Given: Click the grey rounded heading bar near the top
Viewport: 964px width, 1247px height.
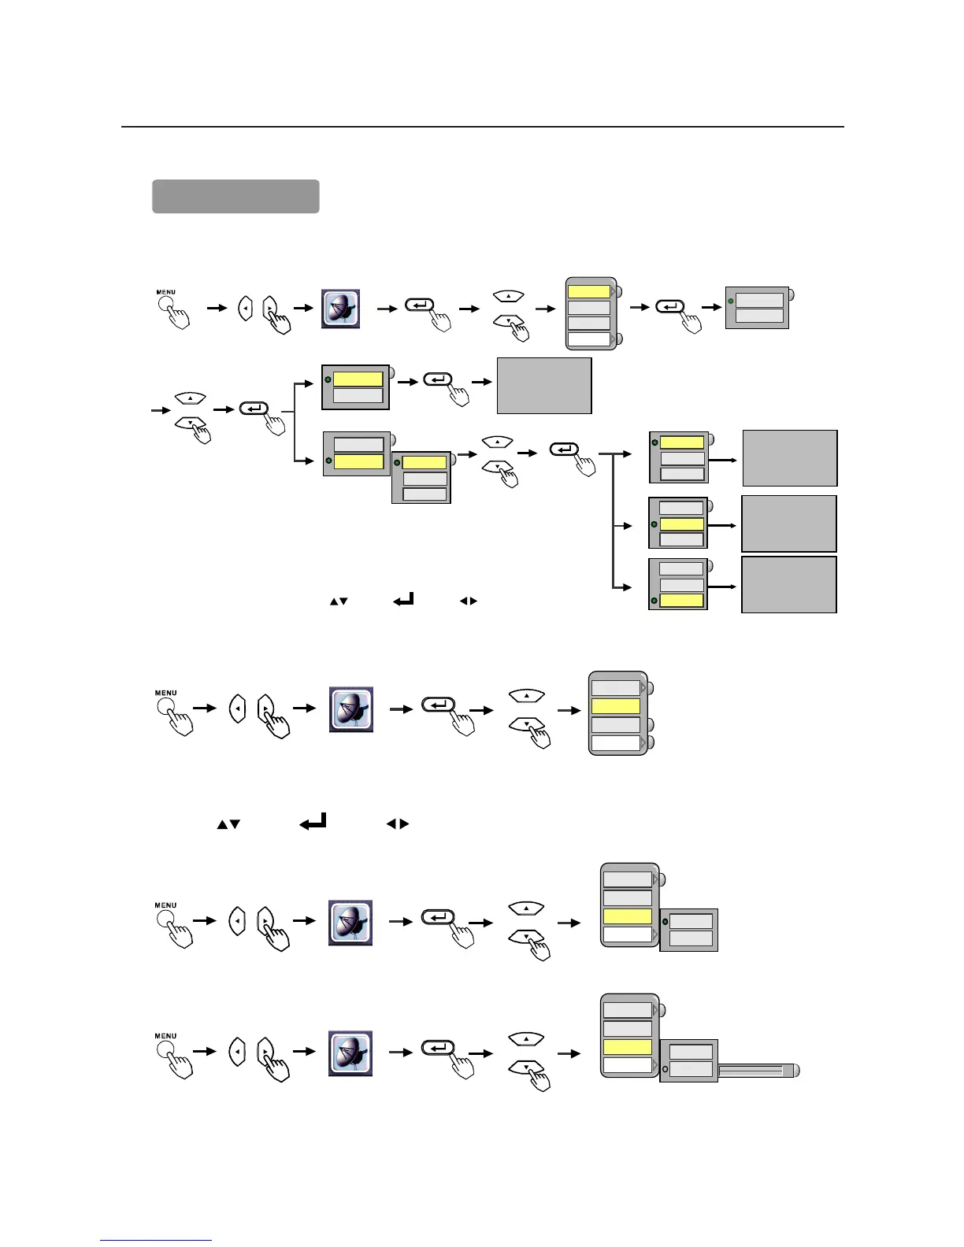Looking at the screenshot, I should [235, 196].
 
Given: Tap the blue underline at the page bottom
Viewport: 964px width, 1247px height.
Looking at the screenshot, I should [156, 1241].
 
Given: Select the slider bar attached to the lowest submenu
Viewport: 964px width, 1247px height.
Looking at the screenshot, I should [756, 1071].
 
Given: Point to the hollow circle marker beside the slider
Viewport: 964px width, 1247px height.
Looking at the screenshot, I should [666, 1069].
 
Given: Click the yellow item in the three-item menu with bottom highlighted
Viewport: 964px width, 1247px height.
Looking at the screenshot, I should [681, 601].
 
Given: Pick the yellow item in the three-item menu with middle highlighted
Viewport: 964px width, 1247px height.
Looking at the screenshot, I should [681, 524].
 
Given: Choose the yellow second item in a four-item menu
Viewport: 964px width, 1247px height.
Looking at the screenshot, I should [616, 706].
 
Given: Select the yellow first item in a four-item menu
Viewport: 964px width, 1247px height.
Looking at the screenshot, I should [589, 292].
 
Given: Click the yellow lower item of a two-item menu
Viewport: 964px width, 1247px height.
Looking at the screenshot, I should [358, 462].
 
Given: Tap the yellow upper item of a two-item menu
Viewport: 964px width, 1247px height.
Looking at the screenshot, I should [358, 379].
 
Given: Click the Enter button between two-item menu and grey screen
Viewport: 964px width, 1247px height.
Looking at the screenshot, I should [438, 379].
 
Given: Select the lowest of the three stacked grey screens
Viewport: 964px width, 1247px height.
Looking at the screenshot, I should [788, 584].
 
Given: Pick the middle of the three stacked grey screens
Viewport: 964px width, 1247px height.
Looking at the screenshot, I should [788, 524].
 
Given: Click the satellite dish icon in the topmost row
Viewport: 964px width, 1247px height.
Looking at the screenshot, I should [341, 308].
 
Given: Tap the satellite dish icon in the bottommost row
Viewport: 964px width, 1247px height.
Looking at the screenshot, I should [350, 1053].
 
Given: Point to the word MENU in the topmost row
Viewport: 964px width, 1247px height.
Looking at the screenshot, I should [165, 292].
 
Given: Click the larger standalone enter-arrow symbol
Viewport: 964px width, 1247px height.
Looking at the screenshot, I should [313, 823].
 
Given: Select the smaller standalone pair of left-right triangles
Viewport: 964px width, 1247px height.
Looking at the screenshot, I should [468, 601].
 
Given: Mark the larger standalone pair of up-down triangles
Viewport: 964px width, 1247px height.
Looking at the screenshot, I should [228, 824].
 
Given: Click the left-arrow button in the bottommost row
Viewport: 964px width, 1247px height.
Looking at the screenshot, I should [237, 1051].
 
